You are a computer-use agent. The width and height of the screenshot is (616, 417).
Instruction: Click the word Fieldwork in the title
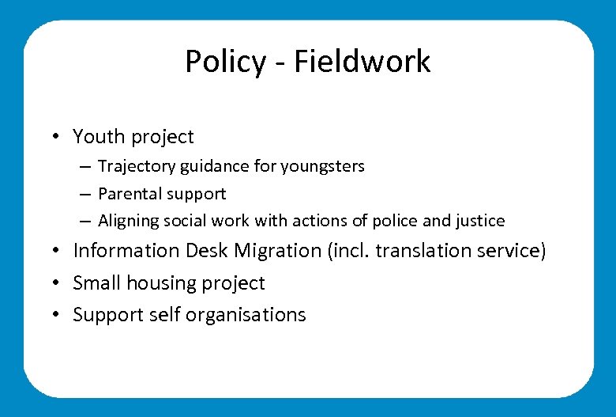362,62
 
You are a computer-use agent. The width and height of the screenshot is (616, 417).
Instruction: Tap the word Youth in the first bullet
99,137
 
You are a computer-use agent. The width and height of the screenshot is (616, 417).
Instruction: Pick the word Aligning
128,222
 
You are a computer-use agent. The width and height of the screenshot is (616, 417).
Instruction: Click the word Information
126,251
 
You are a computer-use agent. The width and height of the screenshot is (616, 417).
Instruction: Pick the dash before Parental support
83,194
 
